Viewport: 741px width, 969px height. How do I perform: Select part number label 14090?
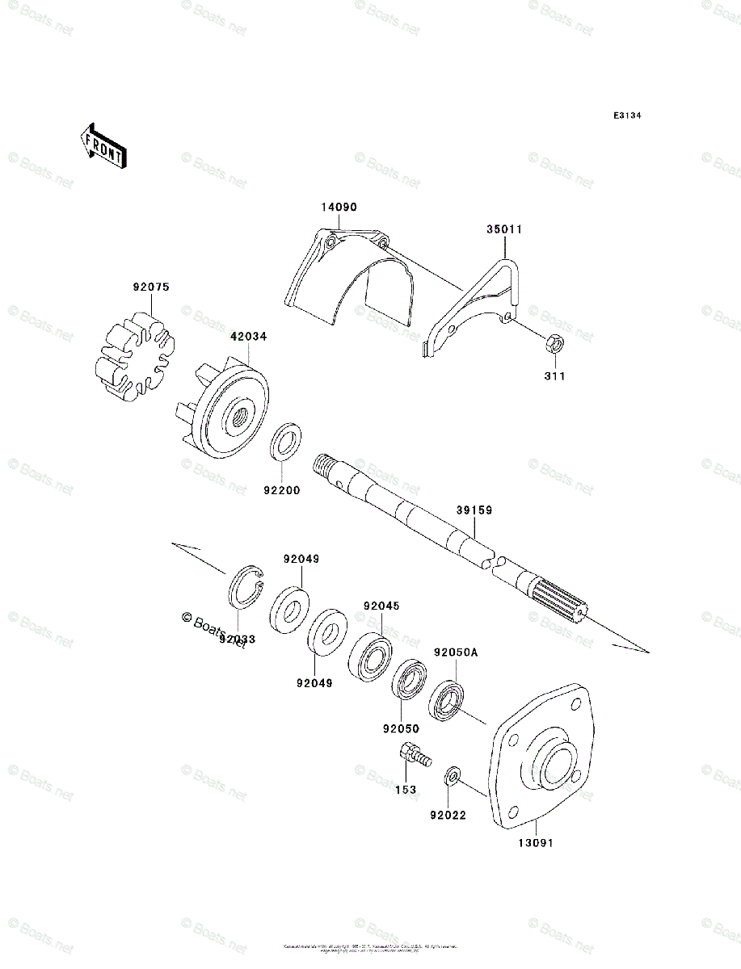[339, 208]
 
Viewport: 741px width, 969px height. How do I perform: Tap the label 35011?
[504, 229]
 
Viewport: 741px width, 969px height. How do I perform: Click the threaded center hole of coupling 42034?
[240, 418]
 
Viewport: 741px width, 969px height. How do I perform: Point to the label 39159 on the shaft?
[474, 510]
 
